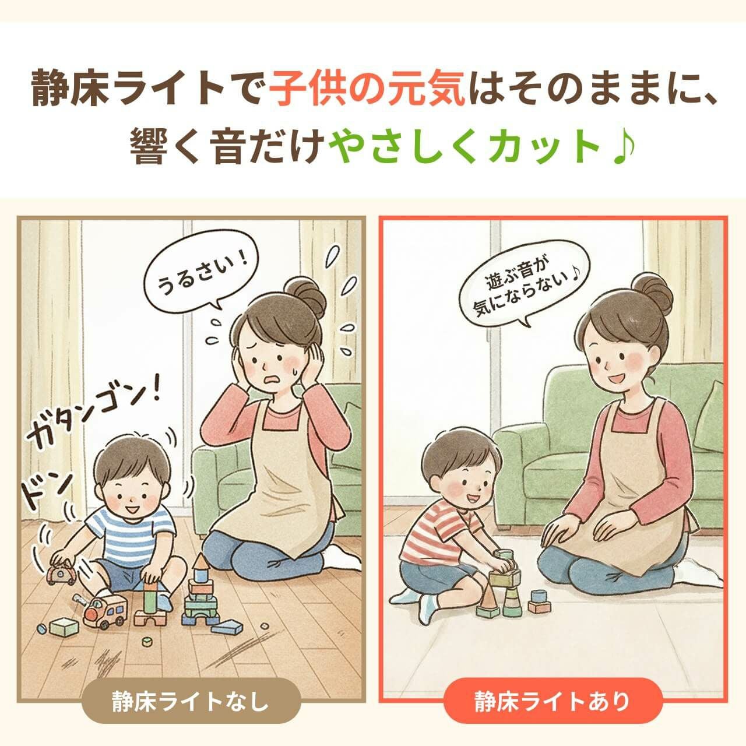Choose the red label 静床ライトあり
pos(553,701)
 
